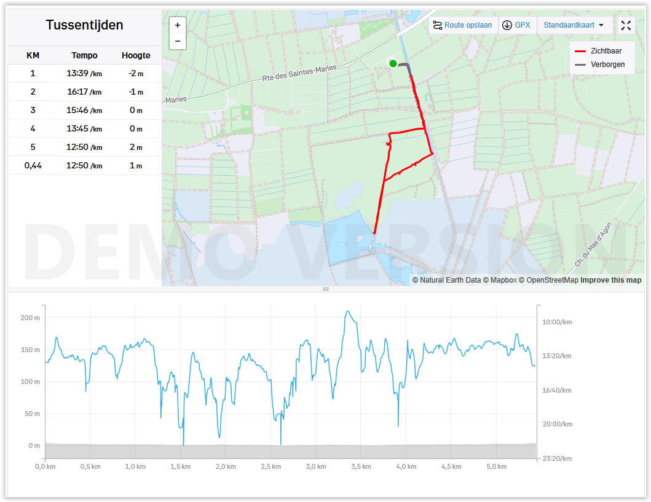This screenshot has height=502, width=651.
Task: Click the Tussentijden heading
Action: coord(84,25)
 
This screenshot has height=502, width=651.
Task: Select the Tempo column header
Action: coord(84,55)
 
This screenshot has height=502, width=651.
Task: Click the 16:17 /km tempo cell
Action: coord(84,92)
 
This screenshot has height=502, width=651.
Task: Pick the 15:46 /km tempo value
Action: coord(84,111)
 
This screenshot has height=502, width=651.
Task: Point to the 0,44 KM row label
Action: coord(33,166)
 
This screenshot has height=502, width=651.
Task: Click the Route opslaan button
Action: coord(462,25)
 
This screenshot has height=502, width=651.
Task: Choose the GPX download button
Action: coord(516,25)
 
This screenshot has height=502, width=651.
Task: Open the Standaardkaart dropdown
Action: coord(574,25)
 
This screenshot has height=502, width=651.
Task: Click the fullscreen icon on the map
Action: coord(626,25)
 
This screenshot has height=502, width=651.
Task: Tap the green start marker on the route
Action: coord(393,63)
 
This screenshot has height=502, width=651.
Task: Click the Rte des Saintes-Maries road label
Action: coord(299,73)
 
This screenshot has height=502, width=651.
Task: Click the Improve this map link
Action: coord(610,280)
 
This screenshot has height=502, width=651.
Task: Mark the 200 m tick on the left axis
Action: coord(30,318)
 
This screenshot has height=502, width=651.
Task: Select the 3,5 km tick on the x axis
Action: coord(361,466)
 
